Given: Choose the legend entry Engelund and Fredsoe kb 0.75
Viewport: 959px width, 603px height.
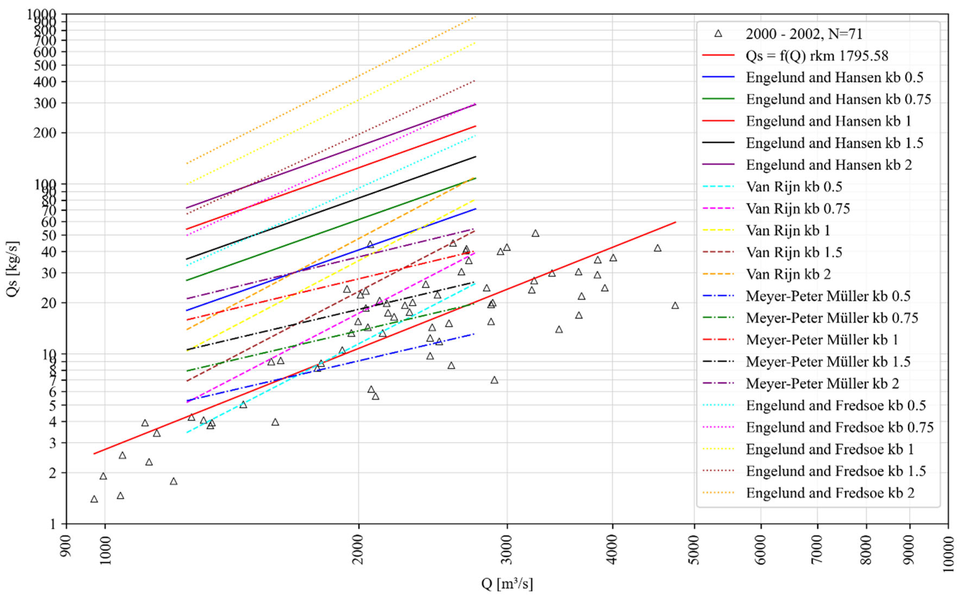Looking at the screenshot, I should point(840,427).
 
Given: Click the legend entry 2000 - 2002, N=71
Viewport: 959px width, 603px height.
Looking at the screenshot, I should point(804,34).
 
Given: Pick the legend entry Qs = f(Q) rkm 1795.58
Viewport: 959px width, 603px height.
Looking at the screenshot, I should point(816,56).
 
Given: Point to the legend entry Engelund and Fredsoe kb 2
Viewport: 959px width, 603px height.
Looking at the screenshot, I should point(830,493).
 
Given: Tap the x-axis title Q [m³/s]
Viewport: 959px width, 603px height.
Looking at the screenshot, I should point(507,584).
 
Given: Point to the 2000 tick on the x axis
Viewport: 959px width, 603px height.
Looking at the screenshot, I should point(358,550).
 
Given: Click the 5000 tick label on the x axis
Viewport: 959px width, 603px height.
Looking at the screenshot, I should point(694,550).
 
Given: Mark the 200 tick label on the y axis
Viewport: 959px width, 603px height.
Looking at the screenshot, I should point(44,133).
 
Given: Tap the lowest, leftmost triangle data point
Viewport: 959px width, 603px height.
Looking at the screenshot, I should point(94,499).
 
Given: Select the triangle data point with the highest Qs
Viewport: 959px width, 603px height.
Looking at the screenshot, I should point(535,233).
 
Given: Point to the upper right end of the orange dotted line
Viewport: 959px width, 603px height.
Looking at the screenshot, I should point(475,17).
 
